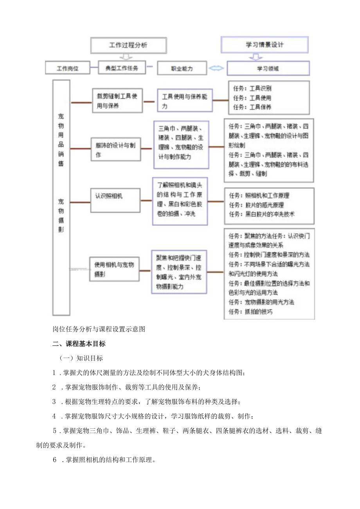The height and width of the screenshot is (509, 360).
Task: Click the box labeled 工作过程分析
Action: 128,45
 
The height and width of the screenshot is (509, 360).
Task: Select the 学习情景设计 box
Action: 265,45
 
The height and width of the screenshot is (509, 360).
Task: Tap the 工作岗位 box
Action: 68,68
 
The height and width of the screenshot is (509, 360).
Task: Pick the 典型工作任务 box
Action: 121,68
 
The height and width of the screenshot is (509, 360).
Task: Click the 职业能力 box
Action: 182,68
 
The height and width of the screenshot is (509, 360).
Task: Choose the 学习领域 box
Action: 268,68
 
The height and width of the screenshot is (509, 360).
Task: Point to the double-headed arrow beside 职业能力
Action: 216,68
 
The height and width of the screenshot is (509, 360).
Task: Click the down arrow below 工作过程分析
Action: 125,57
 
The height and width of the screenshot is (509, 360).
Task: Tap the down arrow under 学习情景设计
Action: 256,57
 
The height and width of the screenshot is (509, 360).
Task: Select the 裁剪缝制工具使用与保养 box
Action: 117,101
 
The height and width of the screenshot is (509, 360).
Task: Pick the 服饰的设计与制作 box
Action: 115,149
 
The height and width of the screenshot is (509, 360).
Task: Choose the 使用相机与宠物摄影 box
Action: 115,269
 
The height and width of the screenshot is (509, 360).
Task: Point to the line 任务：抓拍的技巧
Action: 251,312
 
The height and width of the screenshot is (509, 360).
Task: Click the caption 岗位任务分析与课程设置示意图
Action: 99,329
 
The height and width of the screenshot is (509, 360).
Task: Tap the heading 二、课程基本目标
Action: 79,344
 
